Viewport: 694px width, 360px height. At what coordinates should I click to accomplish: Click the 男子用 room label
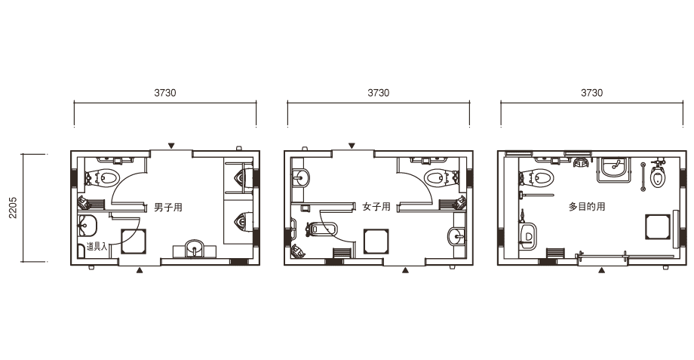click(168, 208)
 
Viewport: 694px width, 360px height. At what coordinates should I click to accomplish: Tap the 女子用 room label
click(376, 207)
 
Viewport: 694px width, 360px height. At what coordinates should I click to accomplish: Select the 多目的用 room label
click(586, 207)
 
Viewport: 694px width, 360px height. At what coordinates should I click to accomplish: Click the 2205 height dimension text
click(14, 208)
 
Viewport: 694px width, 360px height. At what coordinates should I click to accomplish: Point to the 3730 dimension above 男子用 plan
click(165, 93)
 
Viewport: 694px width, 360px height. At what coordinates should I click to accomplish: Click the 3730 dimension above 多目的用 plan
click(591, 93)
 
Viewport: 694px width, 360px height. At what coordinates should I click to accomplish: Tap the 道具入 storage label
click(97, 247)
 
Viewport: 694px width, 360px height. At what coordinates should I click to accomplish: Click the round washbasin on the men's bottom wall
click(195, 247)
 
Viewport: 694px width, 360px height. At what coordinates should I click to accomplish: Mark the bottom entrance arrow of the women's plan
click(405, 270)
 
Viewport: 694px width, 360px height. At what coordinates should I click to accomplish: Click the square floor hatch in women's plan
click(376, 242)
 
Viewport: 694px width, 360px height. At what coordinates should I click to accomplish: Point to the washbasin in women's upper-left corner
click(301, 178)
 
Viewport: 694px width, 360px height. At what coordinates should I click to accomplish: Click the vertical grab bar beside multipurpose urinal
click(643, 177)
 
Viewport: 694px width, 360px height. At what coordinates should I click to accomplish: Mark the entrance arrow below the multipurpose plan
click(601, 270)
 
